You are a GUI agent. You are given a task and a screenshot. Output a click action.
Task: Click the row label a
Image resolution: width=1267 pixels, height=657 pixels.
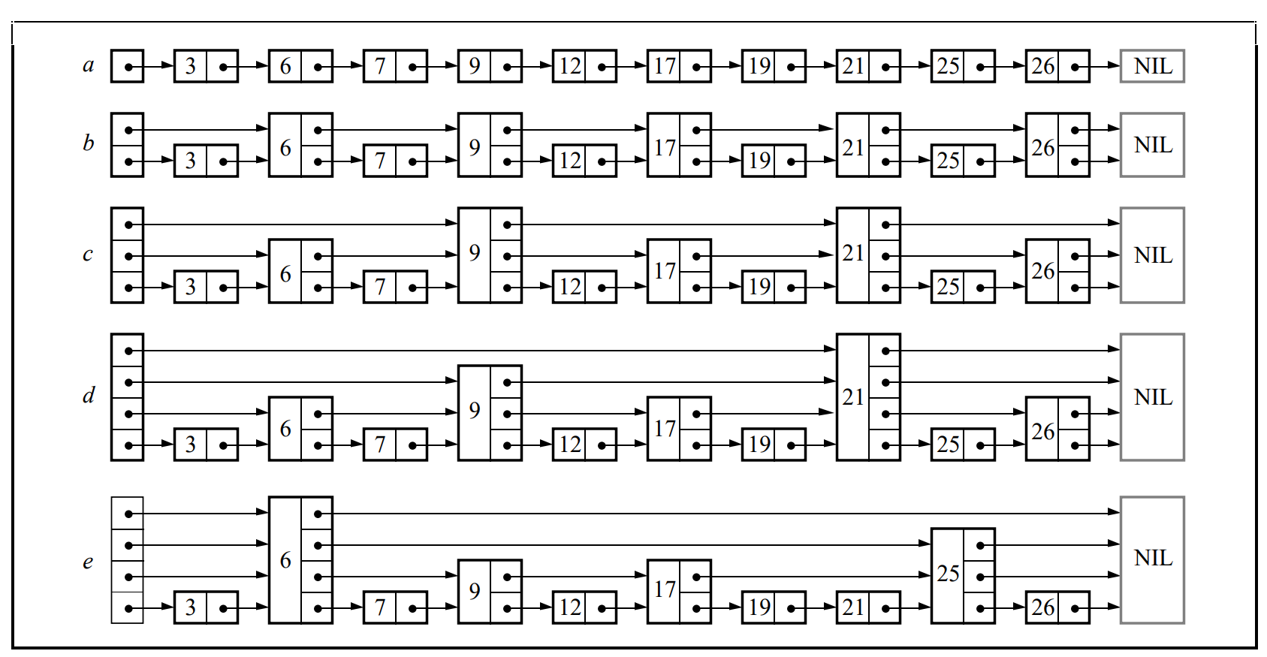pos(89,66)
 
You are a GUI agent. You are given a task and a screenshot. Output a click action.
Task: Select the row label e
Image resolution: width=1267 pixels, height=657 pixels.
pos(89,562)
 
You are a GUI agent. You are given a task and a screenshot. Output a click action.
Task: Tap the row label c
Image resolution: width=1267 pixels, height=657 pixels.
pos(89,255)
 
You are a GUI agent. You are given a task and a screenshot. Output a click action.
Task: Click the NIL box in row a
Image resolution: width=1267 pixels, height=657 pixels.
pos(1152,66)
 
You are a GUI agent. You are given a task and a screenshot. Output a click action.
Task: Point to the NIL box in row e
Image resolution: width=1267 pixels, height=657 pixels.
pos(1152,559)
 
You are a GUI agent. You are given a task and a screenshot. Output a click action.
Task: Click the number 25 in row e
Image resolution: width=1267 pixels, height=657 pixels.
pos(948,575)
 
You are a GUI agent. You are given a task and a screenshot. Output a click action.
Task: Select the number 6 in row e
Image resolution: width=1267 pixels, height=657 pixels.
pos(285,560)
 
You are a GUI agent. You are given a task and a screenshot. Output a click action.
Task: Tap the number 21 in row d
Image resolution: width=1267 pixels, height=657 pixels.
pos(853,397)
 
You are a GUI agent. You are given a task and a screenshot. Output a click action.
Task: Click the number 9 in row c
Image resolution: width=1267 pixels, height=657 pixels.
pos(475,254)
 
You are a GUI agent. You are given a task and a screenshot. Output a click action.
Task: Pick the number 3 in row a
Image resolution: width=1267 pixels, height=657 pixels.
pos(191,67)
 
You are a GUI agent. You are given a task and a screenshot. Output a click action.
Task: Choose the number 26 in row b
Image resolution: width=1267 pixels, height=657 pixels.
pos(1042,147)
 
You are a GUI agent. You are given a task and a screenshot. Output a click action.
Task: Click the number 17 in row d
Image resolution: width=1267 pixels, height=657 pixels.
pos(664,429)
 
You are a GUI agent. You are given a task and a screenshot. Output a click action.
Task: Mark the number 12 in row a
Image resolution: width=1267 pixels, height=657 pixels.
pos(569,67)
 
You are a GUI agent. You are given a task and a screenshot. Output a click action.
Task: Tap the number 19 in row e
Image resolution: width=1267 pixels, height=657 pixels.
pos(759,607)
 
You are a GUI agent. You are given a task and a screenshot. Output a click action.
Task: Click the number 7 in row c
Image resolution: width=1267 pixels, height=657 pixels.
pos(380,287)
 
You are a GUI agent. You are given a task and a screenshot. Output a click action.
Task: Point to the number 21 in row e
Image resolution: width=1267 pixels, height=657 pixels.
pos(853,607)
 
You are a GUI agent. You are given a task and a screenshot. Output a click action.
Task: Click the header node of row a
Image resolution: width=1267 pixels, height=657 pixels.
pos(128,66)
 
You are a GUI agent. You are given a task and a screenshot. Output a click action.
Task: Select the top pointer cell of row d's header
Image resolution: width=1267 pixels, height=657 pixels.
pos(128,350)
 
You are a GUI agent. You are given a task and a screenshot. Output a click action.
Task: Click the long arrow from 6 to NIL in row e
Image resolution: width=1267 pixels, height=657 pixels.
pos(721,514)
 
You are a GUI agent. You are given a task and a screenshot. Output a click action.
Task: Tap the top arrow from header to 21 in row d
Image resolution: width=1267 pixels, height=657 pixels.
pos(488,350)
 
